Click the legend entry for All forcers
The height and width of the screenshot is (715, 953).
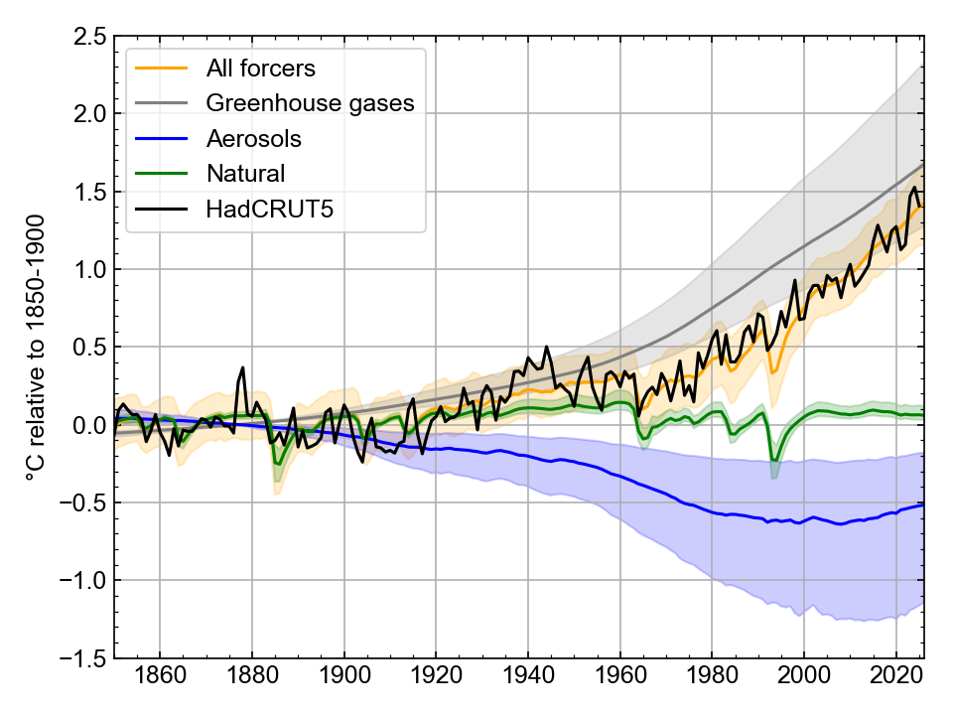click(x=260, y=69)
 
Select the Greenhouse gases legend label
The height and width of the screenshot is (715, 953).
click(x=310, y=103)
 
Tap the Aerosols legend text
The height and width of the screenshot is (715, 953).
click(x=253, y=138)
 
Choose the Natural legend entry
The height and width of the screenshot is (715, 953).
click(x=245, y=174)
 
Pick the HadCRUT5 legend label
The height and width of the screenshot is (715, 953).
click(x=263, y=209)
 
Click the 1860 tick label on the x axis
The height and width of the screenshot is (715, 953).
click(x=160, y=684)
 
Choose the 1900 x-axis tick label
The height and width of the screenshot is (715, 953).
click(x=344, y=684)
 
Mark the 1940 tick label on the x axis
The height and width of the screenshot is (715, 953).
click(x=528, y=684)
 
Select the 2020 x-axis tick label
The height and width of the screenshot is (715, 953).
click(x=896, y=684)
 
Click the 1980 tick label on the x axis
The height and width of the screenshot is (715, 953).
click(x=712, y=684)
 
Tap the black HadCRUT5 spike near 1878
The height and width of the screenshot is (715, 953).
click(x=242, y=367)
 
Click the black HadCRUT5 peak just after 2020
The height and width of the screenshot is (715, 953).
click(x=914, y=187)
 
